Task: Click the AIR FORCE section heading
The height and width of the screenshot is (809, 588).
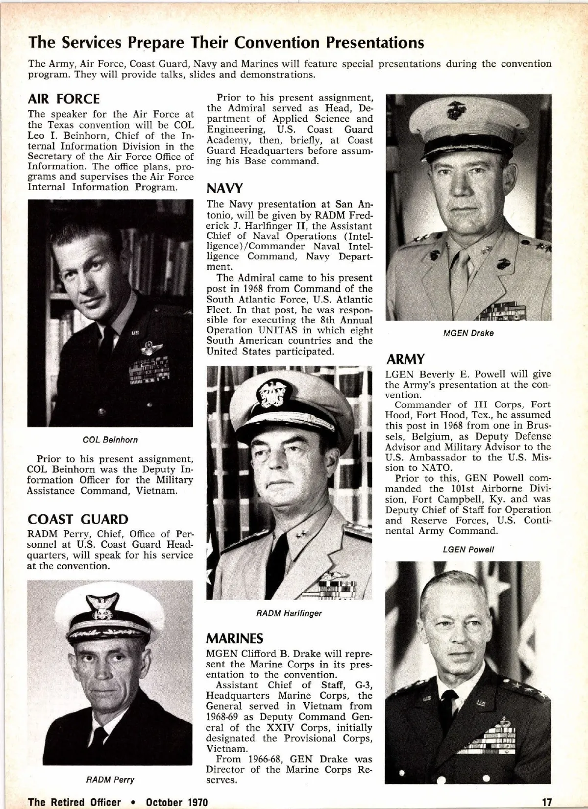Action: pyautogui.click(x=64, y=99)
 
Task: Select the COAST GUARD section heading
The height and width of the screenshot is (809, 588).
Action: pyautogui.click(x=78, y=519)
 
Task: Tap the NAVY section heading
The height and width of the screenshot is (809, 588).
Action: pyautogui.click(x=224, y=189)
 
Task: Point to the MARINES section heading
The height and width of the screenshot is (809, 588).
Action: pyautogui.click(x=234, y=638)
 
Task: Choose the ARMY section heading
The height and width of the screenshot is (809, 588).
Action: pyautogui.click(x=405, y=359)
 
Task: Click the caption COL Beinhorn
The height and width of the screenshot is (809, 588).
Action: pyautogui.click(x=110, y=440)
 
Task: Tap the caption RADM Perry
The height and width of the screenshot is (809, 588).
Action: pyautogui.click(x=110, y=780)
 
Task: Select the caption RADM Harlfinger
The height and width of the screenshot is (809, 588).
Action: pyautogui.click(x=289, y=613)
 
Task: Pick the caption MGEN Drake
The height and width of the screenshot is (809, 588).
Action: pyautogui.click(x=468, y=333)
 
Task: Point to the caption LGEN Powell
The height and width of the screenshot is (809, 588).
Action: pyautogui.click(x=468, y=550)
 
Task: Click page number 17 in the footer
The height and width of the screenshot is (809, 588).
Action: pyautogui.click(x=547, y=802)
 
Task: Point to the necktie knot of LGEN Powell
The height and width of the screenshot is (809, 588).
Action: pyautogui.click(x=448, y=697)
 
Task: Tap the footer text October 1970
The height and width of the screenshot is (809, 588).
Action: pyautogui.click(x=177, y=802)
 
